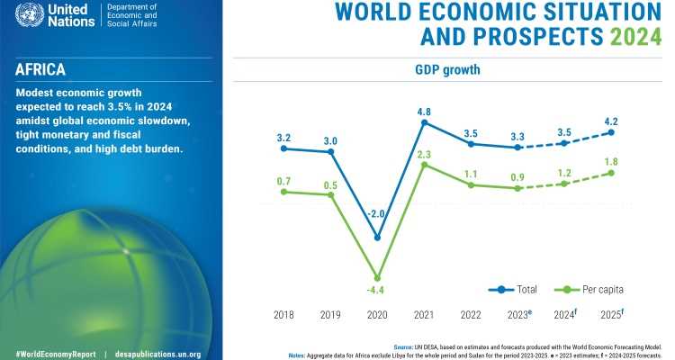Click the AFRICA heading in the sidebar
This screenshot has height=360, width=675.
pyautogui.click(x=42, y=69)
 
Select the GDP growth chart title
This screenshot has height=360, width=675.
pyautogui.click(x=447, y=70)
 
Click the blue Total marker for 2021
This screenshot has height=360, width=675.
pyautogui.click(x=425, y=122)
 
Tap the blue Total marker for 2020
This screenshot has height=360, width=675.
pyautogui.click(x=378, y=238)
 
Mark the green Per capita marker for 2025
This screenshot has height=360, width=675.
pyautogui.click(x=611, y=173)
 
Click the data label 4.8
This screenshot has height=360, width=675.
pyautogui.click(x=425, y=112)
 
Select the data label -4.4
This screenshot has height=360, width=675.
pyautogui.click(x=378, y=290)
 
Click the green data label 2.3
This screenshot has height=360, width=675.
pyautogui.click(x=425, y=154)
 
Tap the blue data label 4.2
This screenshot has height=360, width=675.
pyautogui.click(x=611, y=121)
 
